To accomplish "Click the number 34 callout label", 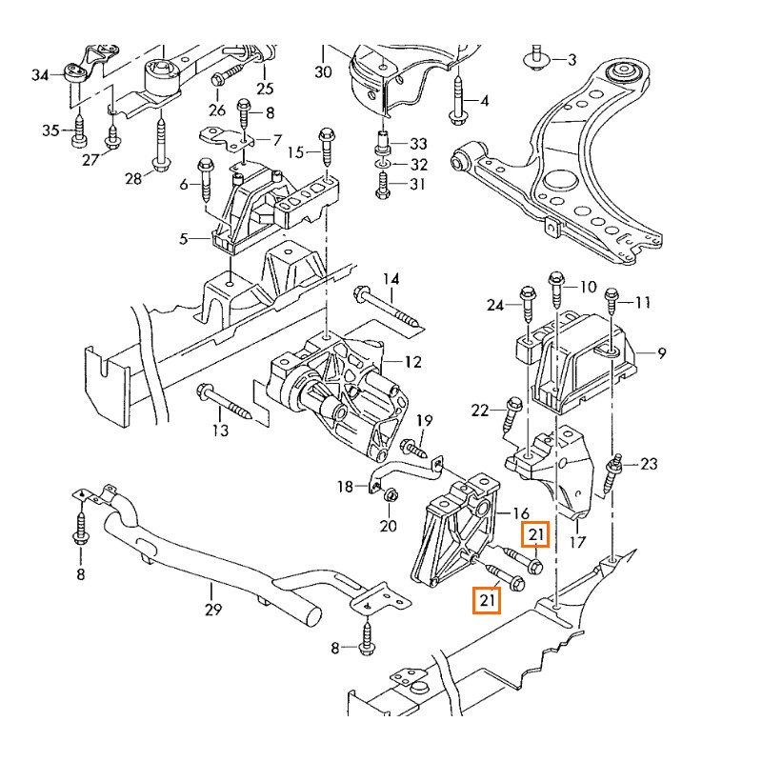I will pyautogui.click(x=39, y=74).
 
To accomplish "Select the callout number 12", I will pyautogui.click(x=411, y=362).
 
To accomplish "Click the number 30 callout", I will pyautogui.click(x=323, y=72).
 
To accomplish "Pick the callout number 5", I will pyautogui.click(x=183, y=239).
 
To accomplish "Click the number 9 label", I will pyautogui.click(x=661, y=353).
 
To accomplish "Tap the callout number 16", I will pyautogui.click(x=520, y=512).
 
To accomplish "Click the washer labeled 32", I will pyautogui.click(x=382, y=166).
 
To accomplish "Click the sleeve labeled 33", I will pyautogui.click(x=382, y=146).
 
